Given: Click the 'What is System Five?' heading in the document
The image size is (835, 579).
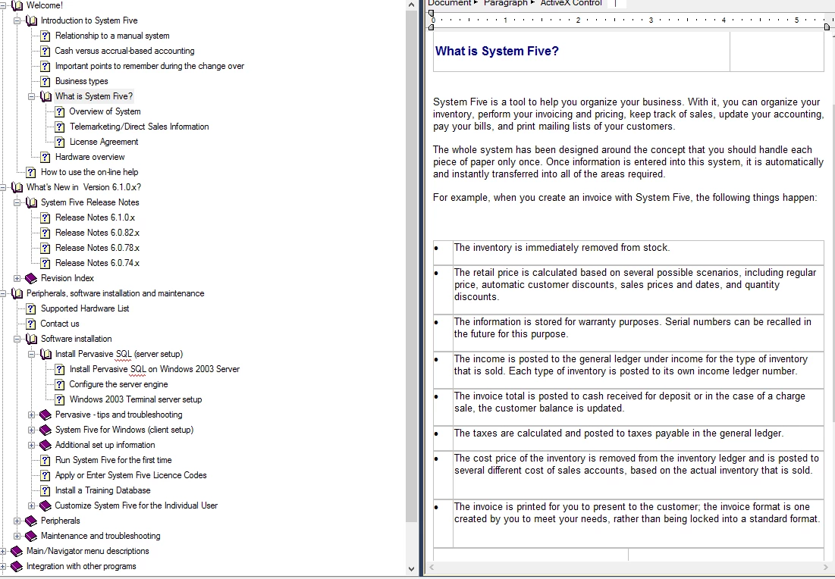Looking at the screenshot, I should [497, 52].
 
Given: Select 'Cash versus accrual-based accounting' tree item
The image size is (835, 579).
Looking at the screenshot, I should [124, 51].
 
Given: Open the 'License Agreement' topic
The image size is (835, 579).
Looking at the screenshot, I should [104, 142].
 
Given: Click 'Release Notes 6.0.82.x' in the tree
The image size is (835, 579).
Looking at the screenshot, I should [97, 233].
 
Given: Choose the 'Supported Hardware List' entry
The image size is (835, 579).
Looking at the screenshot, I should [85, 308].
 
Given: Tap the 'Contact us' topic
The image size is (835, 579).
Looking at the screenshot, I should [60, 324].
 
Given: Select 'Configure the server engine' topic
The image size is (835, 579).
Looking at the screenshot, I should [118, 384].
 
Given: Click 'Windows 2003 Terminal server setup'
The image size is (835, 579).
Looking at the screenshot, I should [136, 399].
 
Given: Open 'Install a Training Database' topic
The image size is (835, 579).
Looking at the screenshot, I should [102, 490].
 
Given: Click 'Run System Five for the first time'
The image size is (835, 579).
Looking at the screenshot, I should [113, 460].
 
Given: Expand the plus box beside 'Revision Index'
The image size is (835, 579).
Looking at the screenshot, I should [17, 278].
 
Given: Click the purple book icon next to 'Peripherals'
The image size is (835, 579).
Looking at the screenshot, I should [31, 521].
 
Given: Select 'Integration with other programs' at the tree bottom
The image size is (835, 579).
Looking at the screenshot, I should [81, 566].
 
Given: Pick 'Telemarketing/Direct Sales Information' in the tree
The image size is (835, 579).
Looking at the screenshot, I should [139, 127].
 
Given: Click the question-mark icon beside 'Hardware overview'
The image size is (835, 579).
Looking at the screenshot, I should [46, 157].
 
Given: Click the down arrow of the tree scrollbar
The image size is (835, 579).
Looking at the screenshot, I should [412, 568].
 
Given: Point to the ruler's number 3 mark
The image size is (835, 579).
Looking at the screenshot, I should [651, 20].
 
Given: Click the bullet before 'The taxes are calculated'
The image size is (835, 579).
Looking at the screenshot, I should [437, 434].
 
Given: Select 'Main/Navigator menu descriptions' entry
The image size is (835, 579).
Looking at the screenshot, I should [87, 551].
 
